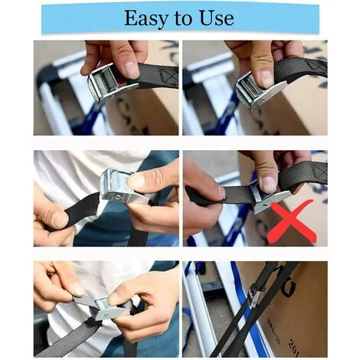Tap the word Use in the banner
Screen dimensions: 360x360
(x=217, y=18)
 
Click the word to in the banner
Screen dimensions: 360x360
(x=184, y=18)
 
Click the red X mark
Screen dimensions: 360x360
(x=292, y=221)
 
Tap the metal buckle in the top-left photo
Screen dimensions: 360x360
(x=110, y=82)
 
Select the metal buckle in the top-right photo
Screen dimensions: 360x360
(x=258, y=90)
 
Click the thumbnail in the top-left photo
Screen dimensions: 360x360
(x=131, y=70)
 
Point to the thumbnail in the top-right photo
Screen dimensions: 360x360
(x=266, y=77)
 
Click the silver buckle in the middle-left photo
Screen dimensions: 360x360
(x=120, y=185)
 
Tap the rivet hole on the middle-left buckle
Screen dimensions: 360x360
(x=117, y=196)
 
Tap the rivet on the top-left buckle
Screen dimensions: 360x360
(x=112, y=97)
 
